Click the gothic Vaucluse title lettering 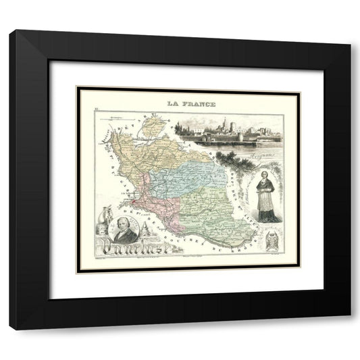pos(128,244)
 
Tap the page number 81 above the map pos(97,108)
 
